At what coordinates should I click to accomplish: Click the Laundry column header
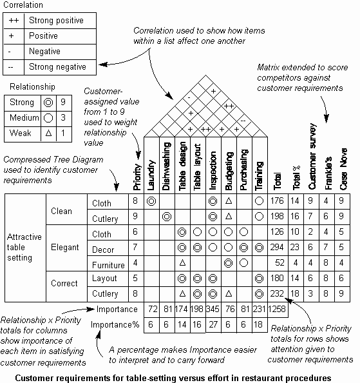(x=151, y=175)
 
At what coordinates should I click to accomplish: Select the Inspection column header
(x=213, y=171)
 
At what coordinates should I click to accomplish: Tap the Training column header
(x=259, y=176)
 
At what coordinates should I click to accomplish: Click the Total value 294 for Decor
(x=277, y=247)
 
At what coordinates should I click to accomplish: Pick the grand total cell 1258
(x=277, y=309)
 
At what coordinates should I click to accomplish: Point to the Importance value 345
(x=213, y=309)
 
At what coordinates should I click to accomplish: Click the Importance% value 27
(x=213, y=324)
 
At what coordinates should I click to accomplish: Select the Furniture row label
(x=108, y=265)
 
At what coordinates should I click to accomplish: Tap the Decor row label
(x=103, y=250)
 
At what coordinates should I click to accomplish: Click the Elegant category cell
(x=65, y=247)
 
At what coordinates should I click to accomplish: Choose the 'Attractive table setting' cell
(x=24, y=247)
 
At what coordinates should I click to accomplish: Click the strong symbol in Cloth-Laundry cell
(x=151, y=201)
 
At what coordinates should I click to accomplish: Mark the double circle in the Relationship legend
(x=48, y=103)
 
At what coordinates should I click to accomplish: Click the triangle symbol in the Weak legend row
(x=48, y=133)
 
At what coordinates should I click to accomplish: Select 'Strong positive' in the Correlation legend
(x=56, y=20)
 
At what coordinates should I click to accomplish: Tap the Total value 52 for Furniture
(x=279, y=262)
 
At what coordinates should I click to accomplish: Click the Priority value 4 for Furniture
(x=135, y=262)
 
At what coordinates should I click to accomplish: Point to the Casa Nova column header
(x=343, y=169)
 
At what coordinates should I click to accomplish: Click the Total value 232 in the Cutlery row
(x=277, y=293)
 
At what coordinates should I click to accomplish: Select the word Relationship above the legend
(x=32, y=86)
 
